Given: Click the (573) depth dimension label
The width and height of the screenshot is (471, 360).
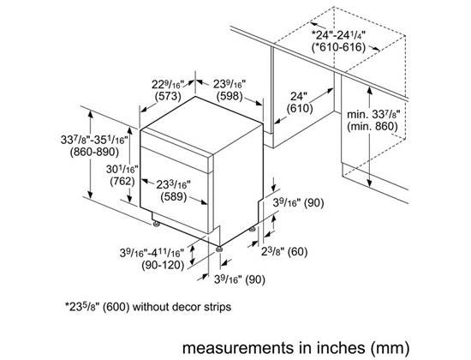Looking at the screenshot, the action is pos(168,96).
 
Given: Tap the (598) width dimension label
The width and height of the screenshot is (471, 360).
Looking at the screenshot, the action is pos(230,96).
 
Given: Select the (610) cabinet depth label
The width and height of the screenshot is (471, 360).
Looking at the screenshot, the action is pos(300,108).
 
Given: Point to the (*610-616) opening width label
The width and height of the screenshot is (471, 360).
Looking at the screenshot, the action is pos(338,47).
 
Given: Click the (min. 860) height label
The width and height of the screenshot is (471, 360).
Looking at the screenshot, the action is pos(373,126).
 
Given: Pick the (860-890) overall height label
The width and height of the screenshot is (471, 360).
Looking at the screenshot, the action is pos(94,152).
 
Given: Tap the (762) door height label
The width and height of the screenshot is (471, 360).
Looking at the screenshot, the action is pos(122,182).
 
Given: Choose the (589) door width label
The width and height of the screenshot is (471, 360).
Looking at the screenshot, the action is pos(174,197).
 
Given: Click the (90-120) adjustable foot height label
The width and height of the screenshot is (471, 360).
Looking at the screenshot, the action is pos(163,265).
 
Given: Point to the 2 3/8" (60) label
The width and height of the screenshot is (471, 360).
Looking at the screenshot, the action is pos(284,251).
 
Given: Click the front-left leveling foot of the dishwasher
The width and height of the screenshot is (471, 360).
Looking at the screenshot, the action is pos(156,224).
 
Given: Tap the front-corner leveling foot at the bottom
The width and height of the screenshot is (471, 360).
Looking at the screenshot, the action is pos(219,249).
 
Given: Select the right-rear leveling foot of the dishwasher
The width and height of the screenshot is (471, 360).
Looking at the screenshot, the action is pos(253,229).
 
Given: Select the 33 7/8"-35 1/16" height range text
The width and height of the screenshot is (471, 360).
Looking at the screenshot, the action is pos(94,140).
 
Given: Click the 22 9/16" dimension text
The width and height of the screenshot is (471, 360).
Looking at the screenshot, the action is pos(168,85).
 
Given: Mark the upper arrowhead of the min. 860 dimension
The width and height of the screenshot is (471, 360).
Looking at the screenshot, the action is pos(369,90).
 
